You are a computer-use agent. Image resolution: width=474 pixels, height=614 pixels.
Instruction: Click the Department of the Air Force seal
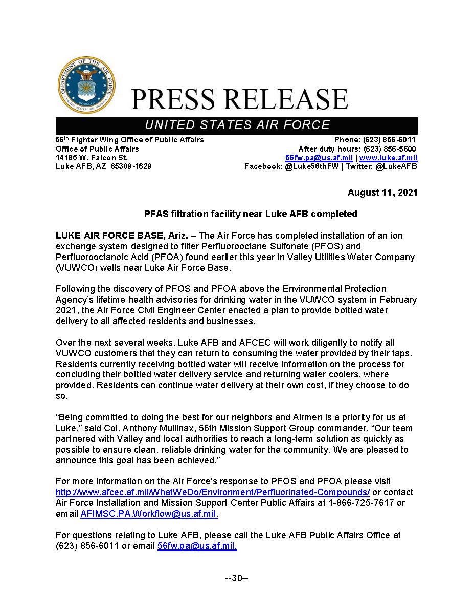86,86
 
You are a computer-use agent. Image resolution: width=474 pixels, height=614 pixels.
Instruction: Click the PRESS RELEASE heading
239,99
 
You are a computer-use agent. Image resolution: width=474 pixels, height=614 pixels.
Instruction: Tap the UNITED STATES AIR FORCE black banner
236,125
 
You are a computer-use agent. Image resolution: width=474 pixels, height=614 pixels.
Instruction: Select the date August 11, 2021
382,193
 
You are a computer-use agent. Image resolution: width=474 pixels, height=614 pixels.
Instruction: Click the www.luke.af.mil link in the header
388,158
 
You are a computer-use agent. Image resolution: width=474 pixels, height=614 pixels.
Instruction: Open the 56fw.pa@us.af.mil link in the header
319,158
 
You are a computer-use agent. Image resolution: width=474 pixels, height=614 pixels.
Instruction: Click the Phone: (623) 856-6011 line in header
375,140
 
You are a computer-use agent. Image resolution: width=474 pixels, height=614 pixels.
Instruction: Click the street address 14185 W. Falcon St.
92,158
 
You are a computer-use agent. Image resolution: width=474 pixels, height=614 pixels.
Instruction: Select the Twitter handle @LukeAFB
396,166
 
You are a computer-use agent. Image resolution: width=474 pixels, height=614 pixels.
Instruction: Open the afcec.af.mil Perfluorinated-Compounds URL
213,492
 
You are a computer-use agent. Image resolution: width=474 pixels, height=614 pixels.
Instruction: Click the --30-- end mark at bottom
237,578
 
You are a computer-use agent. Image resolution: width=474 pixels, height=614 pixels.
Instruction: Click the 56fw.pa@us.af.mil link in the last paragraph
197,546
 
